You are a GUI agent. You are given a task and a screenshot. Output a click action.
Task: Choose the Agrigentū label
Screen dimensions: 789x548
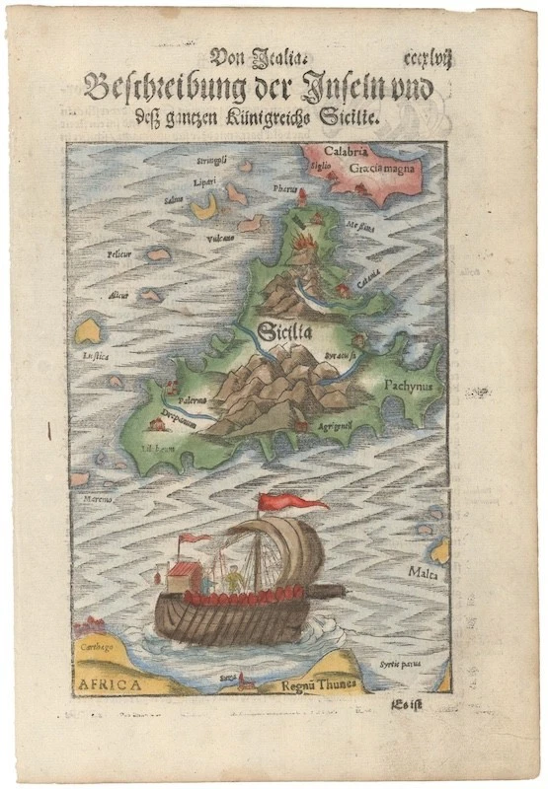point(337,425)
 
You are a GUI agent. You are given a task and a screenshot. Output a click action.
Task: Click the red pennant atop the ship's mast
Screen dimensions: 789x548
point(293,503)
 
